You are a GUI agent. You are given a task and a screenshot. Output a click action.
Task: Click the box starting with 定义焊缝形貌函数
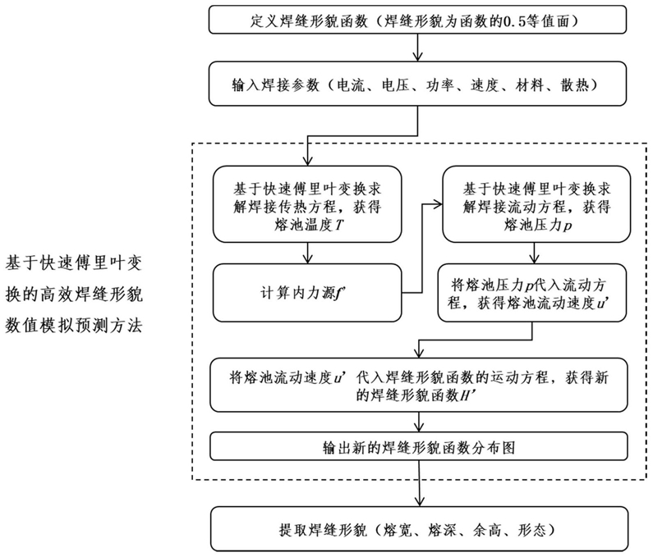pos(417,20)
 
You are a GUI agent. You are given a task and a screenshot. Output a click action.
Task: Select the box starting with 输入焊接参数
pos(417,84)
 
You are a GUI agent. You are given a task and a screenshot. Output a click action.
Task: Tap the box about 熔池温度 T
pos(307,203)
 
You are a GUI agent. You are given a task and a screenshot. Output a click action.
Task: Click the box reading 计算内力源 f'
pos(307,293)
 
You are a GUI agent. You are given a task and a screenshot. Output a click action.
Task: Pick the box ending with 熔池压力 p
pos(536,203)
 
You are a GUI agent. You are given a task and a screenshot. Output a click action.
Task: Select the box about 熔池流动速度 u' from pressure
pos(531,293)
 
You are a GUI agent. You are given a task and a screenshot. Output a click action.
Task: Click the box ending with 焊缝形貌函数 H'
pos(419,386)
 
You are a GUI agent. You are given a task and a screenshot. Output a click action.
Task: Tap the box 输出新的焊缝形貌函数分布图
pos(419,446)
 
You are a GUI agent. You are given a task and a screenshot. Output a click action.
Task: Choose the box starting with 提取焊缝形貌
pos(420,529)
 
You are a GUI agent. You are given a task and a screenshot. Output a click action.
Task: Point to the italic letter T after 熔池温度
pos(340,226)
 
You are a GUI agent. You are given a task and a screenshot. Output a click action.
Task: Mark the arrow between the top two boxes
pos(417,48)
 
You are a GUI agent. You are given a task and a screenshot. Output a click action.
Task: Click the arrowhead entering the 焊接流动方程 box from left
pos(437,203)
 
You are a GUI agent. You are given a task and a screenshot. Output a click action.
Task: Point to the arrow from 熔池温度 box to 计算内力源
pos(307,253)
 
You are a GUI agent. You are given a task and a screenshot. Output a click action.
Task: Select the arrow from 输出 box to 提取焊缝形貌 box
pos(420,483)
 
